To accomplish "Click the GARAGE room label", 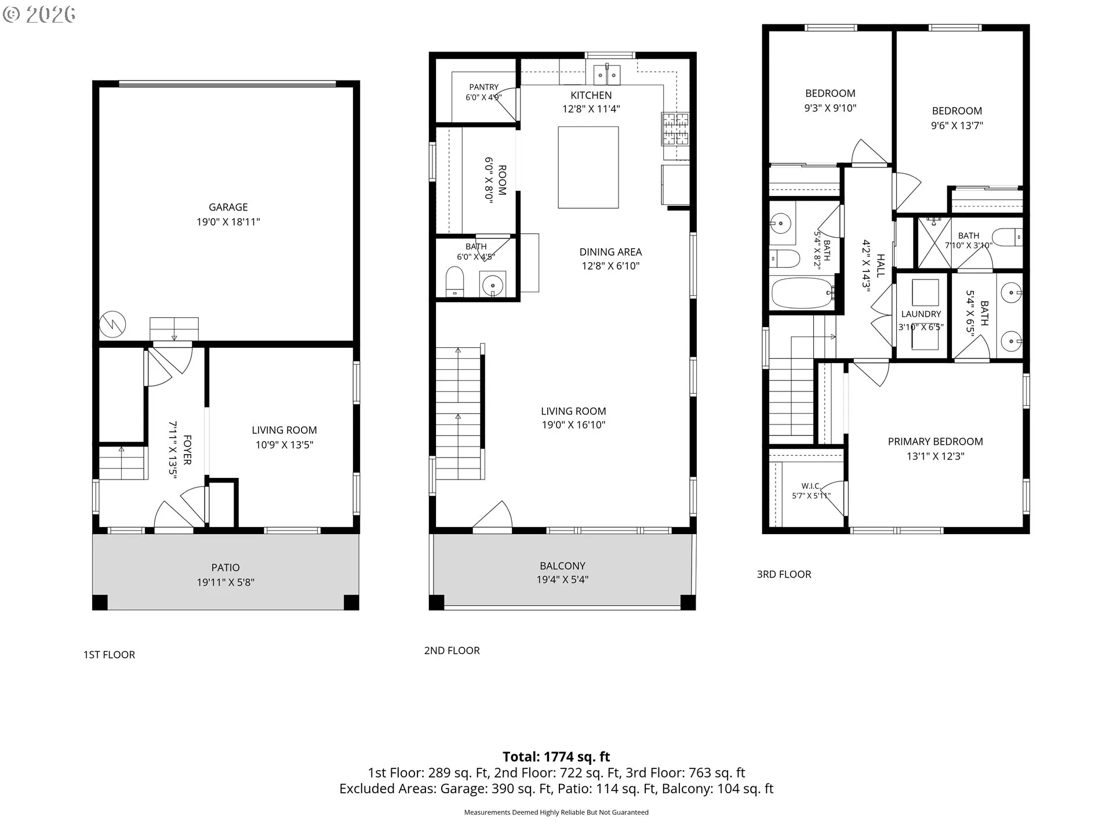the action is [228, 207].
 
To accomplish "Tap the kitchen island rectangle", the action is [588, 167].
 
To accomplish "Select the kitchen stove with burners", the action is [675, 129].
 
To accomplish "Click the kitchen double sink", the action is [607, 75].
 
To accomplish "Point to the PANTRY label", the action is [484, 87].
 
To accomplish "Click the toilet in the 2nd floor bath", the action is [455, 282].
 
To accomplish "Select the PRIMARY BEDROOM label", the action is [935, 441].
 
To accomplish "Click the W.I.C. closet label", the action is [810, 486].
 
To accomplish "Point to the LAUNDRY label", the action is [921, 314].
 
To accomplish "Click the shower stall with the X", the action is [933, 244].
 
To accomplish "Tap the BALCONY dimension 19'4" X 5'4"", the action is [562, 579].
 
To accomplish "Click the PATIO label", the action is [225, 568].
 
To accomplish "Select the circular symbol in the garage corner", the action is [112, 325].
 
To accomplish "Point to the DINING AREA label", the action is [610, 252].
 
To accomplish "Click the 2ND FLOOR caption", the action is [452, 651].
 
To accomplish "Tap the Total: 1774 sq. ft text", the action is [556, 757].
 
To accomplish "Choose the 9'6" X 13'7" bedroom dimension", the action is [957, 125].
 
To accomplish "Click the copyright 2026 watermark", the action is [39, 14].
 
